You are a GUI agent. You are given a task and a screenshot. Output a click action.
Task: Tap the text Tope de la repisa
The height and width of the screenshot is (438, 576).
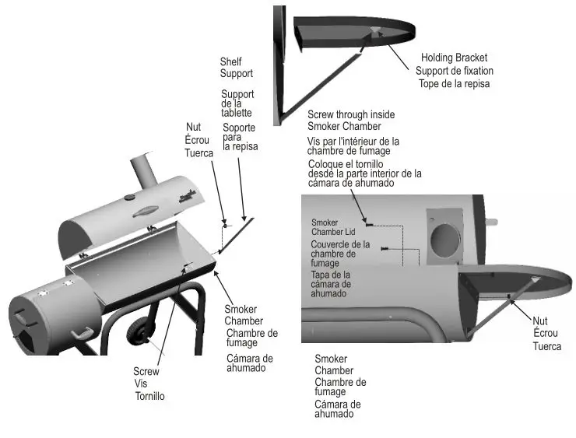point(455,83)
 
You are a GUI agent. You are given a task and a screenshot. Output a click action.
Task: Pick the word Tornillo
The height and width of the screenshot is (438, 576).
point(150,396)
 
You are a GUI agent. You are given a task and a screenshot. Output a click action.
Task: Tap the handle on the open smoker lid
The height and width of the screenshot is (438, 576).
point(146,212)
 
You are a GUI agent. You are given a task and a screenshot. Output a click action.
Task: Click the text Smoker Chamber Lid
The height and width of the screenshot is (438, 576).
point(330,226)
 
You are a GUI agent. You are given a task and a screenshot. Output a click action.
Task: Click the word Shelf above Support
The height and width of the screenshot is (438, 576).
point(231,61)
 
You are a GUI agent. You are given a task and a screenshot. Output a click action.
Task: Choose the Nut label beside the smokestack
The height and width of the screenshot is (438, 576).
point(194,127)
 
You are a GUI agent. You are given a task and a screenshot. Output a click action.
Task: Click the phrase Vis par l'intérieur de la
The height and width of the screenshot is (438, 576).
point(353,142)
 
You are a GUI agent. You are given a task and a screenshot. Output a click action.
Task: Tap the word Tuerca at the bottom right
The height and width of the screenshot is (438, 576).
point(546,346)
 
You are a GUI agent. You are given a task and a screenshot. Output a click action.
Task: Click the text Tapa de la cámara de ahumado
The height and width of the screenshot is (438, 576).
point(331,284)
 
